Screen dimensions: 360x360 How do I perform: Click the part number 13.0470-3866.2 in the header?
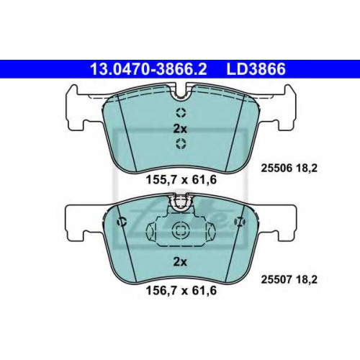[148, 69]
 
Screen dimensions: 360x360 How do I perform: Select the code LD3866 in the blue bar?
[256, 69]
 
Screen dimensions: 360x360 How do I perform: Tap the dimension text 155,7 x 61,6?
[181, 179]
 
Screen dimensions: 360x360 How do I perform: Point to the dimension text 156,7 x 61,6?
[181, 291]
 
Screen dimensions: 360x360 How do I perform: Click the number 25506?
[276, 168]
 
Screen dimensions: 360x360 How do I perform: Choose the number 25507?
[276, 279]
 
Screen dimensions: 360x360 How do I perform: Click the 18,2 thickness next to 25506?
[307, 168]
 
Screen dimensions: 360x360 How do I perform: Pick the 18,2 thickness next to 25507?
[307, 279]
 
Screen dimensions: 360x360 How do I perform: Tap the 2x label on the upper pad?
[180, 129]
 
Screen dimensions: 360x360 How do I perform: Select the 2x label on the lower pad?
[180, 262]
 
